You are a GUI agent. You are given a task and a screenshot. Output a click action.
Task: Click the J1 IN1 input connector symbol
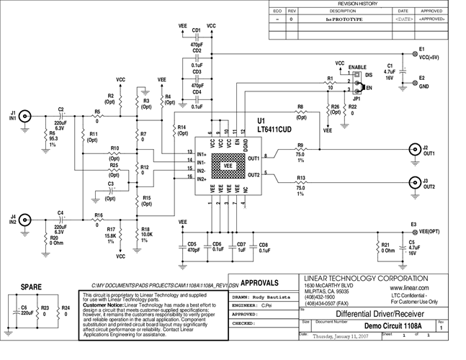tap(25, 115)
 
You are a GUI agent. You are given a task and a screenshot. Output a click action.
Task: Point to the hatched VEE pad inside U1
tap(227, 165)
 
